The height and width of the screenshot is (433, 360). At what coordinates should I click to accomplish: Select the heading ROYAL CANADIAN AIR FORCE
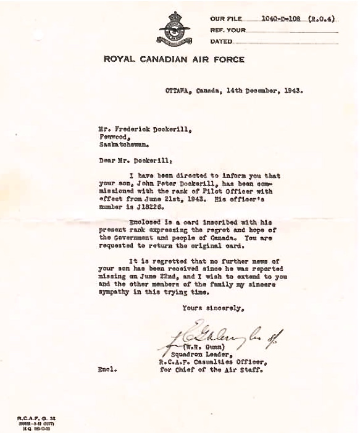(174, 60)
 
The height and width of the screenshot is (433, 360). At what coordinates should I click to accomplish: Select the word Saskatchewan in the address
(116, 145)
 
